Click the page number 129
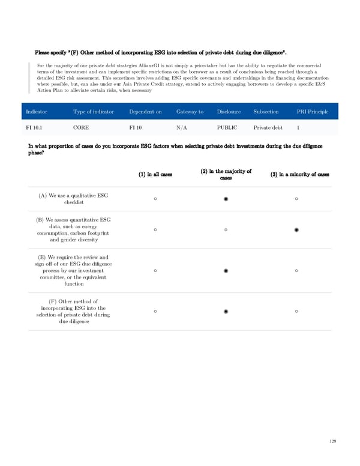(x=333, y=441)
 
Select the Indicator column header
(x=37, y=112)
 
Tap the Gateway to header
(x=190, y=112)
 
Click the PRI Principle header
(x=313, y=112)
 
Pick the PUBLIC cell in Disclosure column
(x=227, y=127)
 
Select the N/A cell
(x=182, y=127)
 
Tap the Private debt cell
(x=268, y=127)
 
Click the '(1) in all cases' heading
(x=155, y=175)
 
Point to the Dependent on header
(x=145, y=112)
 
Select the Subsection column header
(x=266, y=112)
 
